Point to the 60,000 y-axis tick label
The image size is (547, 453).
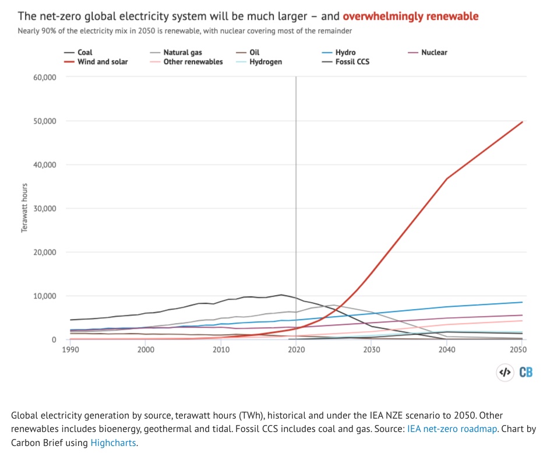(44, 77)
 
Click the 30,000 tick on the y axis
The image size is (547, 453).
(44, 208)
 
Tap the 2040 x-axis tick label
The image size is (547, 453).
(447, 350)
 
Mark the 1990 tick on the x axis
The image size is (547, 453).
(70, 350)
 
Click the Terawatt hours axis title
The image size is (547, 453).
(25, 208)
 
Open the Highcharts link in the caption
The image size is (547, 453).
(113, 443)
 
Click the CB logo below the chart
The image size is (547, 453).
(525, 372)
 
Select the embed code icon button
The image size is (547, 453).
(504, 372)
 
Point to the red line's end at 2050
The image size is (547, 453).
(522, 122)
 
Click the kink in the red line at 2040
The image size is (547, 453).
(447, 178)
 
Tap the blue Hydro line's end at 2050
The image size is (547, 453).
(522, 302)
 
